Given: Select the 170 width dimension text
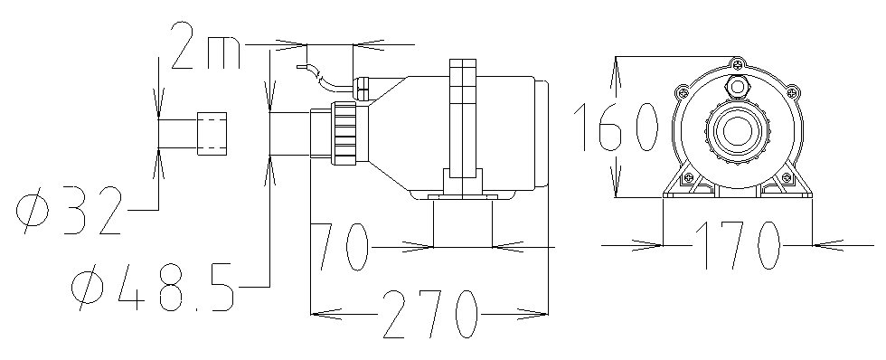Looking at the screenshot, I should point(737,244).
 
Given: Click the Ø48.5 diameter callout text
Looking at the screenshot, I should point(154,287).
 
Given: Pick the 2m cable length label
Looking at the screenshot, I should point(204,51).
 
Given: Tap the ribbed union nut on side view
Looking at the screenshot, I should point(344,135).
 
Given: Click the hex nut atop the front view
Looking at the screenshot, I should point(739,88).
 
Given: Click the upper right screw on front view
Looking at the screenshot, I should point(792,90).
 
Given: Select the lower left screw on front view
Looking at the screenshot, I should point(688,176).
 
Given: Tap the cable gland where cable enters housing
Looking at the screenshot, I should point(363,89).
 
